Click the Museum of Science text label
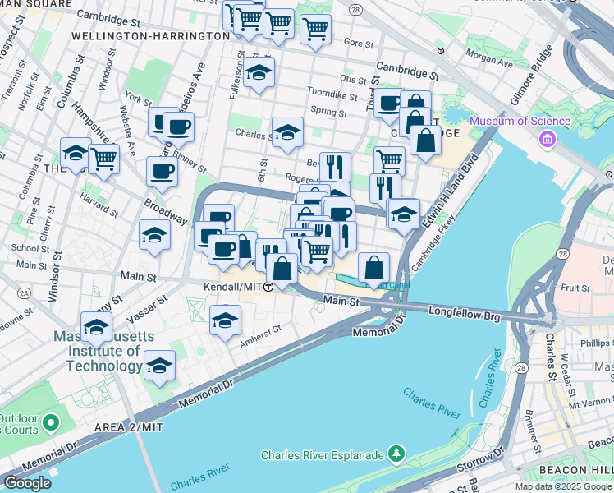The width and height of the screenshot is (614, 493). [520, 122]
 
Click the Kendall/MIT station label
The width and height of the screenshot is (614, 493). [233, 287]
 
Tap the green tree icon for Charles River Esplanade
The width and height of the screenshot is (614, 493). [397, 454]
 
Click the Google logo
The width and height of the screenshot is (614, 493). [26, 483]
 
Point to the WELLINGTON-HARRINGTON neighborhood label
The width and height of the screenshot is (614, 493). [150, 36]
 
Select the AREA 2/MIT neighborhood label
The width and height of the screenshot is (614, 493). [128, 428]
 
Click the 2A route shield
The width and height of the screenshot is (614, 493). [25, 293]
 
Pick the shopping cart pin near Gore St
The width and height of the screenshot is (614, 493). [315, 30]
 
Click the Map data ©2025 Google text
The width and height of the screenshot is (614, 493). [563, 486]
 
